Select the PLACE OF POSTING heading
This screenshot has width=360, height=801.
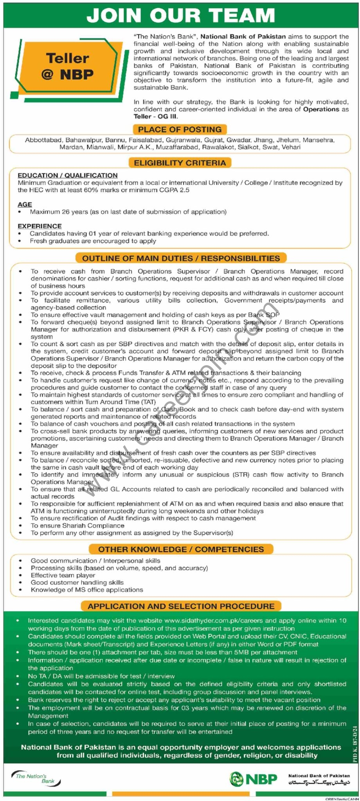pos(180,129)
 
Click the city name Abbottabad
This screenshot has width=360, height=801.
pos(43,140)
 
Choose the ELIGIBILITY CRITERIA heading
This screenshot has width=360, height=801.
pos(180,163)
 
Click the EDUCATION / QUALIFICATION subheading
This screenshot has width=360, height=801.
pos(67,175)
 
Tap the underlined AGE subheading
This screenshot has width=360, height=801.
pos(25,204)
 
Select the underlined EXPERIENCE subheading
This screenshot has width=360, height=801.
pos(40,226)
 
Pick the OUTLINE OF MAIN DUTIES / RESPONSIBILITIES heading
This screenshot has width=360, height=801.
pos(181,258)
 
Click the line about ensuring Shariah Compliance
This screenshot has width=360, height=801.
pos(77,526)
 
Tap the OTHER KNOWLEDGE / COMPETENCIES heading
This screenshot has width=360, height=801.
pos(181,549)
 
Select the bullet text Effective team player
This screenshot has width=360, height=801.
pos(63,575)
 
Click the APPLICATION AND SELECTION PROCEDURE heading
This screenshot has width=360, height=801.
pos(181,606)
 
